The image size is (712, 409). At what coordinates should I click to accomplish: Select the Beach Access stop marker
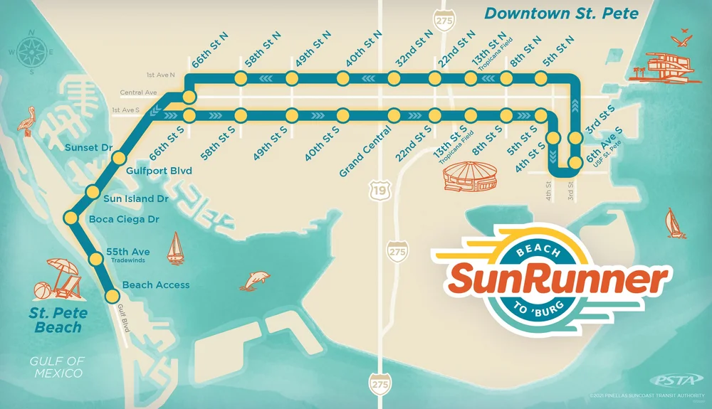pyautogui.click(x=112, y=297)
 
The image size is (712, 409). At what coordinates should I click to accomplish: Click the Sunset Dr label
pyautogui.click(x=89, y=148)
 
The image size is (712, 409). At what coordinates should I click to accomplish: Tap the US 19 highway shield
pyautogui.click(x=377, y=188)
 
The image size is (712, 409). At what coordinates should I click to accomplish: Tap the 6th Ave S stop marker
pyautogui.click(x=576, y=163)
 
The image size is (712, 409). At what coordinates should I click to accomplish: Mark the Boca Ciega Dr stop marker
pyautogui.click(x=70, y=217)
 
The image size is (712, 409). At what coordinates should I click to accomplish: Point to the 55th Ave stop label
pyautogui.click(x=127, y=252)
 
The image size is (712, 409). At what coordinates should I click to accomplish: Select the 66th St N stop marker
pyautogui.click(x=189, y=95)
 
